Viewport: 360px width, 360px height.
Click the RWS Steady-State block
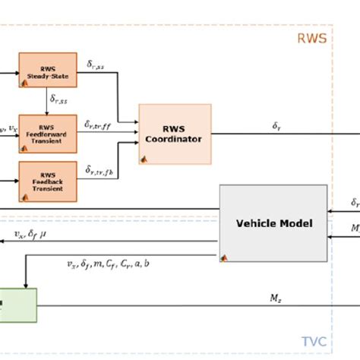click(47, 70)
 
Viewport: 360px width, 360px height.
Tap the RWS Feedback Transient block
click(47, 181)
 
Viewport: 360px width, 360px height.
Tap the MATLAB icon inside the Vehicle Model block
click(226, 257)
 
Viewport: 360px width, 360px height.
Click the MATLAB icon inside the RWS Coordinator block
click(143, 159)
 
